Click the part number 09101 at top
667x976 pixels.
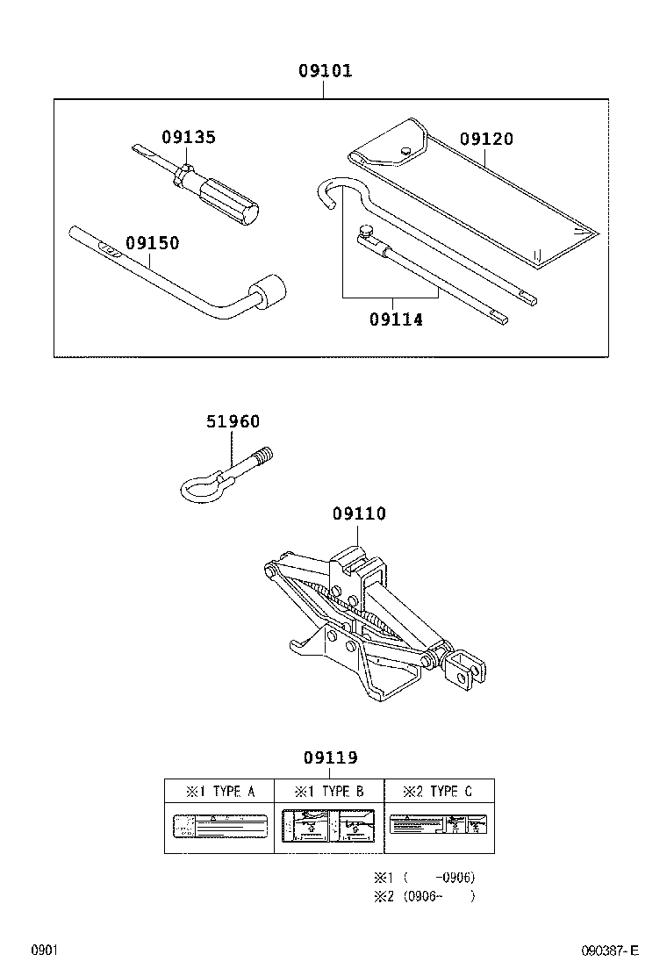[323, 71]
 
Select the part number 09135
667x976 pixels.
[188, 137]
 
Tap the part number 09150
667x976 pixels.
[151, 243]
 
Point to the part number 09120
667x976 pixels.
[486, 139]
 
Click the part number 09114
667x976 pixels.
[396, 319]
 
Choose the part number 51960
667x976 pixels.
[233, 421]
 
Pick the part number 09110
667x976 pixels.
[359, 513]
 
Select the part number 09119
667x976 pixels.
[331, 757]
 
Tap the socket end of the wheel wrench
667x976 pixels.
[269, 292]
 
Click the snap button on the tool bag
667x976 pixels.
[405, 152]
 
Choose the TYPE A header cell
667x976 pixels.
[219, 791]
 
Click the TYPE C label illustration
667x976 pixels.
[439, 827]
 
